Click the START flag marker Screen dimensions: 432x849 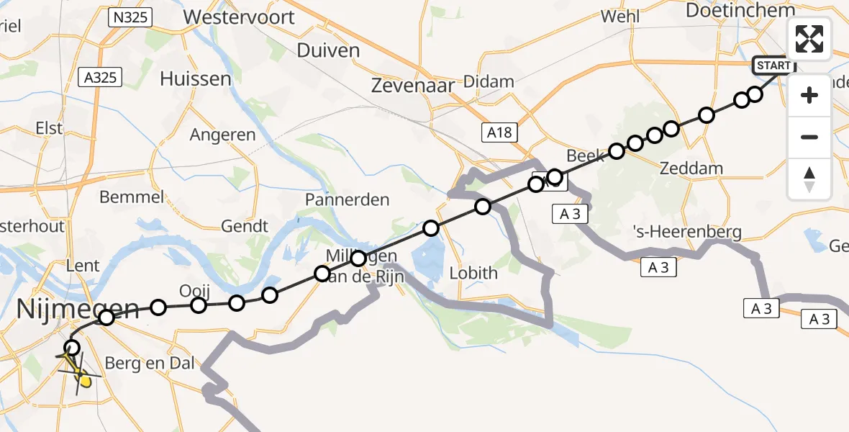click(773, 66)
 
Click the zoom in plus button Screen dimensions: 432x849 click(809, 95)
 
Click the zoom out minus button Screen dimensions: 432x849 click(809, 137)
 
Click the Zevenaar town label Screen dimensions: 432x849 click(413, 85)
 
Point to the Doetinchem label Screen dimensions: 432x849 click(740, 10)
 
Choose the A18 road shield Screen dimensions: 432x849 click(499, 132)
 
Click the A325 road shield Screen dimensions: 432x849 click(100, 77)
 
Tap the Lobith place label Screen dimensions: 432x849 click(473, 273)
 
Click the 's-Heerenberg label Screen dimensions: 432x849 click(686, 231)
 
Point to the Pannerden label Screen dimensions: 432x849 click(348, 199)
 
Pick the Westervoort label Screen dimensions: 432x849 click(239, 16)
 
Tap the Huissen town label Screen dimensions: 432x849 click(196, 78)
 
